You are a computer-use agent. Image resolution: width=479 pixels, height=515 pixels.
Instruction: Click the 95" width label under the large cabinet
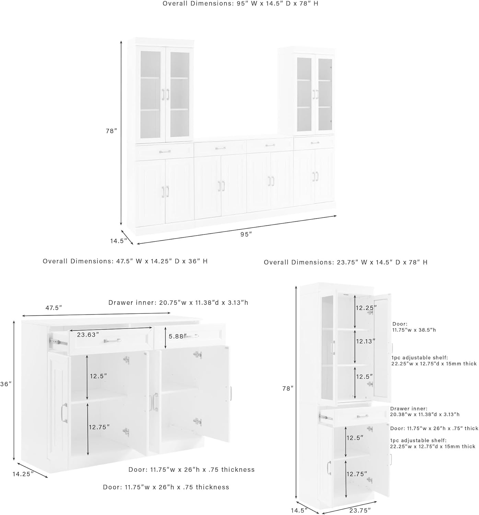click(246, 234)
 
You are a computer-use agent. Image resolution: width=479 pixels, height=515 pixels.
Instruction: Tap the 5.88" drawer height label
click(177, 336)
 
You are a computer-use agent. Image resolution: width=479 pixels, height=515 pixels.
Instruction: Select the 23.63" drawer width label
click(88, 334)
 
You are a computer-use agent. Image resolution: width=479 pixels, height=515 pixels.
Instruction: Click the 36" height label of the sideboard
click(6, 384)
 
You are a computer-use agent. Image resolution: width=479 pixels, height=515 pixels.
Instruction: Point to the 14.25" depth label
click(23, 474)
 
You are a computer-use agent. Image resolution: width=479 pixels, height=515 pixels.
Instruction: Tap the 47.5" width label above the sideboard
click(54, 308)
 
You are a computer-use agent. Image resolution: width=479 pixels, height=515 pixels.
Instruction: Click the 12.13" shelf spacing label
click(365, 341)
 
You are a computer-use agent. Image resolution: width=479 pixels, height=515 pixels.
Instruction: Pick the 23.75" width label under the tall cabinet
click(359, 510)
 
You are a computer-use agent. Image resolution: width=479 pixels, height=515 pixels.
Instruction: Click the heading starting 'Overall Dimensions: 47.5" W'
click(125, 261)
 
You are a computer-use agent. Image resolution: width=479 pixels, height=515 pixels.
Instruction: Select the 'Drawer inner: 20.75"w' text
click(178, 302)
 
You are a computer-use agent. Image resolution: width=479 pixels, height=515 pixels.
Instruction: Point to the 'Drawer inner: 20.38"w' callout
click(425, 411)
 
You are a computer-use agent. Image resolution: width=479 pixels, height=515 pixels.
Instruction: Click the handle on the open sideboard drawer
click(112, 341)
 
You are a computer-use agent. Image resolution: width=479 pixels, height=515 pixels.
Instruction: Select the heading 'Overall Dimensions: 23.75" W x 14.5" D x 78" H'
click(346, 262)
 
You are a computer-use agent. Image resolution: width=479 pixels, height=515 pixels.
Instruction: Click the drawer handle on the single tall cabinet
click(362, 416)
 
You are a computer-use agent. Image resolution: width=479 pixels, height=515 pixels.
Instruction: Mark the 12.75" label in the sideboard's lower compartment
click(99, 427)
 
